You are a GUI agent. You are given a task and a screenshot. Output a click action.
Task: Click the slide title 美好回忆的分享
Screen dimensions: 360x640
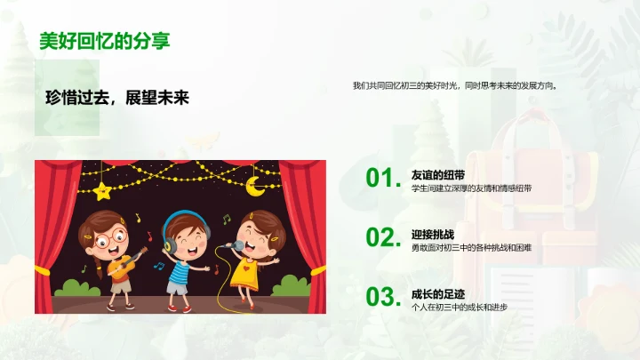coord(105,40)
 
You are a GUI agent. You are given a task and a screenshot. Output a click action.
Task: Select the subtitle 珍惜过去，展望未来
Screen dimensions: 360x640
coord(117,99)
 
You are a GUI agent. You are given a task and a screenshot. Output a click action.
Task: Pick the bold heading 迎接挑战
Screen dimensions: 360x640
coord(433,234)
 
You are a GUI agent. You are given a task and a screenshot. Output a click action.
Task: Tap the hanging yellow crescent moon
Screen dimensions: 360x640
coord(255,186)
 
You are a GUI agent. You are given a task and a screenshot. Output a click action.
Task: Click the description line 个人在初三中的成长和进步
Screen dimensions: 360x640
coord(460,307)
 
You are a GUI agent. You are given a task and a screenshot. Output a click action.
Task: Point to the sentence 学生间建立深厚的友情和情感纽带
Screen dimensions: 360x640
coord(471,188)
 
